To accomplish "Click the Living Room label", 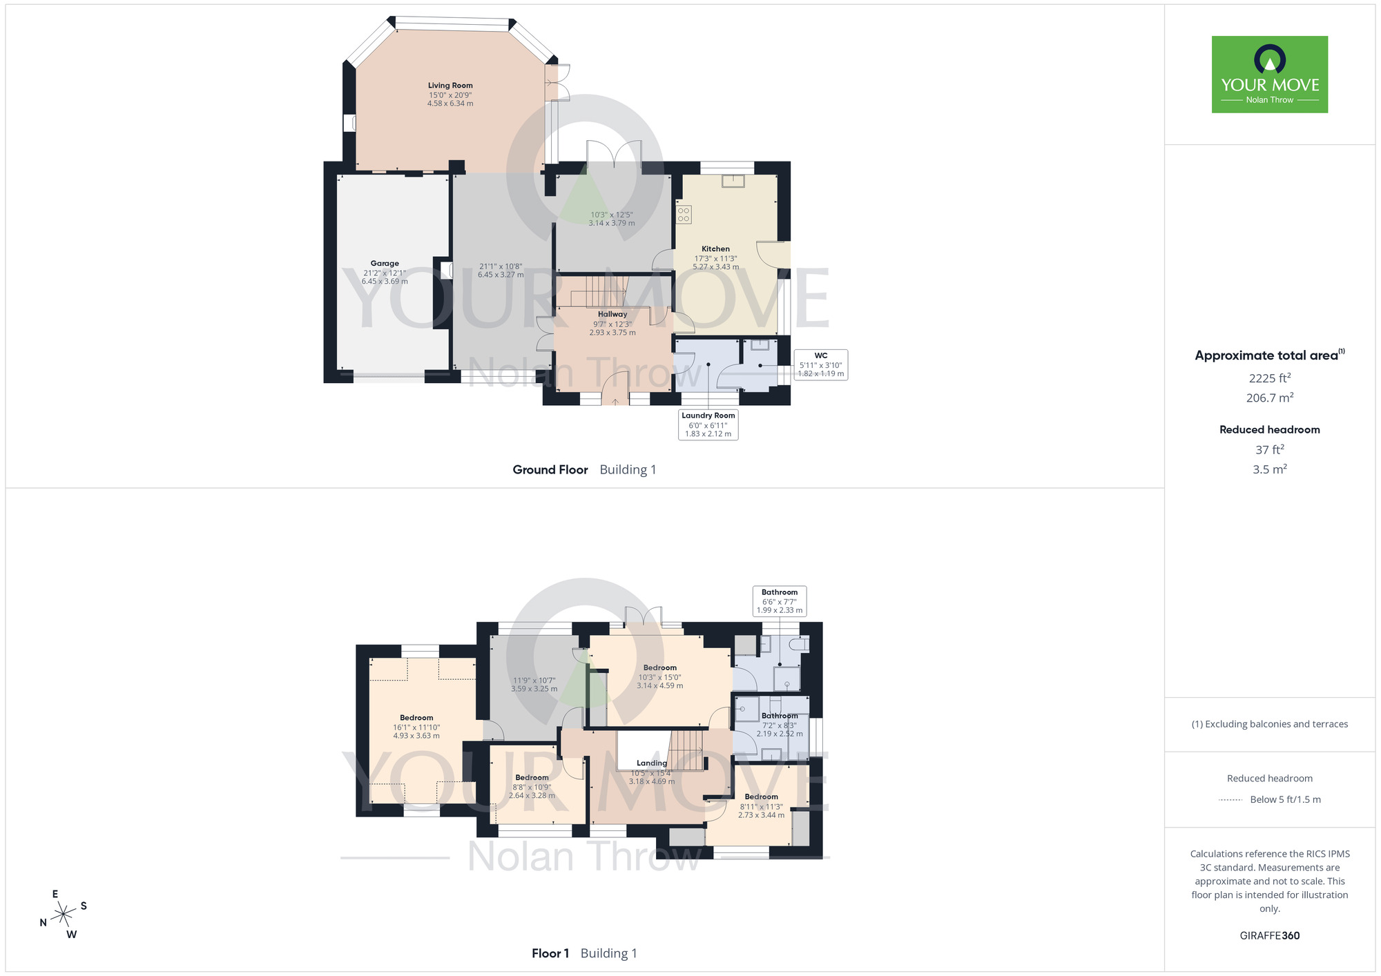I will (450, 86).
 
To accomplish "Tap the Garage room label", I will (385, 264).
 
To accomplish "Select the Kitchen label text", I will (715, 249).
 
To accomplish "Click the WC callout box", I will (820, 364).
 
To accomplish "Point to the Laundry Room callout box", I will (708, 424).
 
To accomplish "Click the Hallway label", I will (612, 315).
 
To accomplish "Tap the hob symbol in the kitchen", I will (684, 214).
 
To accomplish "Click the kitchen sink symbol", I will (732, 181).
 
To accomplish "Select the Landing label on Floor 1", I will (652, 763).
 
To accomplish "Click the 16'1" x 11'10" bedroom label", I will (416, 727).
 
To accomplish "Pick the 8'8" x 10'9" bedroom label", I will (532, 786).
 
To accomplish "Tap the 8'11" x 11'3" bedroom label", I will (761, 806).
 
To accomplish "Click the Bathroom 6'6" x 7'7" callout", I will (780, 601).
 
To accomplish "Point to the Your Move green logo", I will (1269, 75).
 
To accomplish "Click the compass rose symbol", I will (64, 914).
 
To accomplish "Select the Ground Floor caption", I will (550, 470).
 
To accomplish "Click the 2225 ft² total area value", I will (1269, 378).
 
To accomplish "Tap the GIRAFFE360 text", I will (1269, 936).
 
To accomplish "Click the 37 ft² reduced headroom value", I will (1269, 450).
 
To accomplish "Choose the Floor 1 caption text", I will (550, 954).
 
